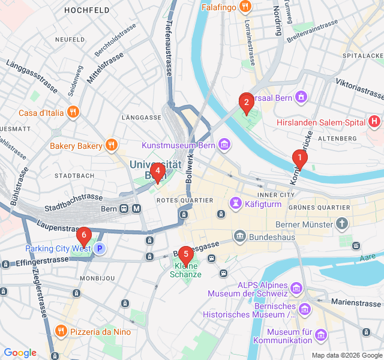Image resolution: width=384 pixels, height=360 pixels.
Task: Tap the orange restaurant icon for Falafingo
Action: click(x=245, y=7)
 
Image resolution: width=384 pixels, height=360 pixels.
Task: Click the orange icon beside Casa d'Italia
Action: click(x=73, y=112)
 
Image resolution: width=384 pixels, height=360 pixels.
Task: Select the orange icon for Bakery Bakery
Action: click(x=110, y=145)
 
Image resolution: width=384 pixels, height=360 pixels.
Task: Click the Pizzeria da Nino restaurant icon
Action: click(x=61, y=331)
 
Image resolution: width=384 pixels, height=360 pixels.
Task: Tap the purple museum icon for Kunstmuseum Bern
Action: click(x=224, y=145)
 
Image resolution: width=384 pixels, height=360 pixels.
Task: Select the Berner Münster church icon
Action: click(x=342, y=224)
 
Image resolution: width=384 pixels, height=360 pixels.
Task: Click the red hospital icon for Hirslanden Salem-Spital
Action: click(x=375, y=122)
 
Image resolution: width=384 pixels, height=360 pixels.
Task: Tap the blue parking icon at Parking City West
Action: click(x=100, y=248)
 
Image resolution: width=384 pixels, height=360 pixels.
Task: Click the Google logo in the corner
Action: click(x=20, y=353)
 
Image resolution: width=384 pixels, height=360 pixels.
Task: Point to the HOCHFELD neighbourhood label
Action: click(x=86, y=10)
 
